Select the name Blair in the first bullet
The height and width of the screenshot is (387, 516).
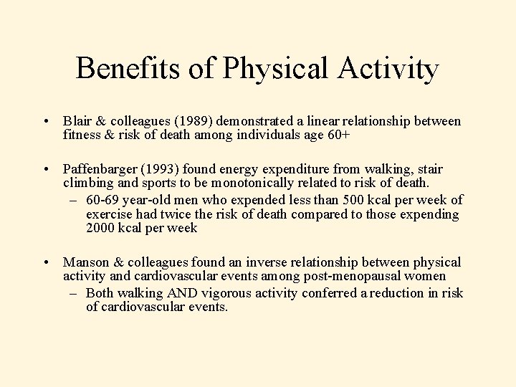click(76, 122)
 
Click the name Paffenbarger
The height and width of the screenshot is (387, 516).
click(100, 169)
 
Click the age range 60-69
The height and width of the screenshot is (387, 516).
click(102, 199)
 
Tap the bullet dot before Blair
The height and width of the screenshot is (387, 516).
click(46, 122)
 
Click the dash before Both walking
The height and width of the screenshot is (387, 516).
click(75, 293)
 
